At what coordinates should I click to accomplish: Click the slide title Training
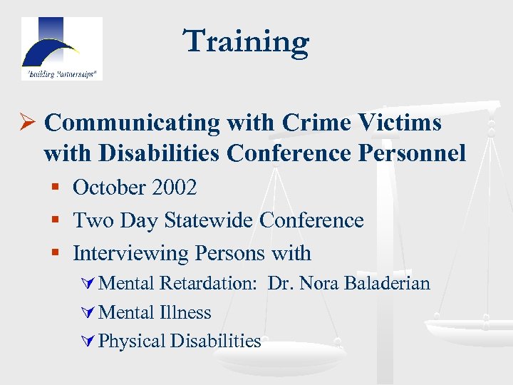point(247,41)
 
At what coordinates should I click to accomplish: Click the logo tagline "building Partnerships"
point(61,73)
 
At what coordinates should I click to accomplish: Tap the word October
point(109,188)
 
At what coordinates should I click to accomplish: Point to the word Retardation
point(207,283)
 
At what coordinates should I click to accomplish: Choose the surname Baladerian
point(387,283)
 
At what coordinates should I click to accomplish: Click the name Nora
point(319,283)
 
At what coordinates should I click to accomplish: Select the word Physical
point(132,342)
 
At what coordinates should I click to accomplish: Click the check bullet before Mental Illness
point(90,313)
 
